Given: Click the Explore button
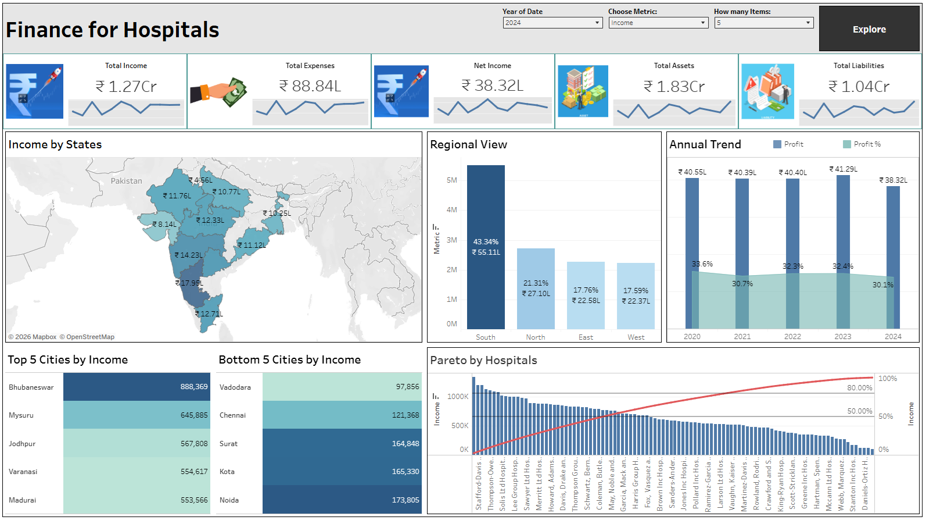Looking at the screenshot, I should (x=869, y=29).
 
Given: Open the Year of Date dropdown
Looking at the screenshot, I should (x=552, y=23).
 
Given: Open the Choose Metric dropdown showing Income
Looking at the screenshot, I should (x=658, y=23).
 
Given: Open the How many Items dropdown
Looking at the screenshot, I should (x=763, y=23).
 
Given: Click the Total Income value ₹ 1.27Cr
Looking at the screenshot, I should (x=126, y=87).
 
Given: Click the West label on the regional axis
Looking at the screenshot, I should (x=636, y=337).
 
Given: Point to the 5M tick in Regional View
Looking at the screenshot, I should (x=451, y=180).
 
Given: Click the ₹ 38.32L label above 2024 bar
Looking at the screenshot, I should (x=893, y=180).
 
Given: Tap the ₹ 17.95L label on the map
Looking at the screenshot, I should (x=189, y=283).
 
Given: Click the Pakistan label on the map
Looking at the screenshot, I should (x=126, y=181).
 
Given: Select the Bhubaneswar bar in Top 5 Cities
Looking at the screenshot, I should (x=137, y=387).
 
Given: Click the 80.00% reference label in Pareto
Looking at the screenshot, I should (x=859, y=388).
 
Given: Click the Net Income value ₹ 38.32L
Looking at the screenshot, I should (x=493, y=86).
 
